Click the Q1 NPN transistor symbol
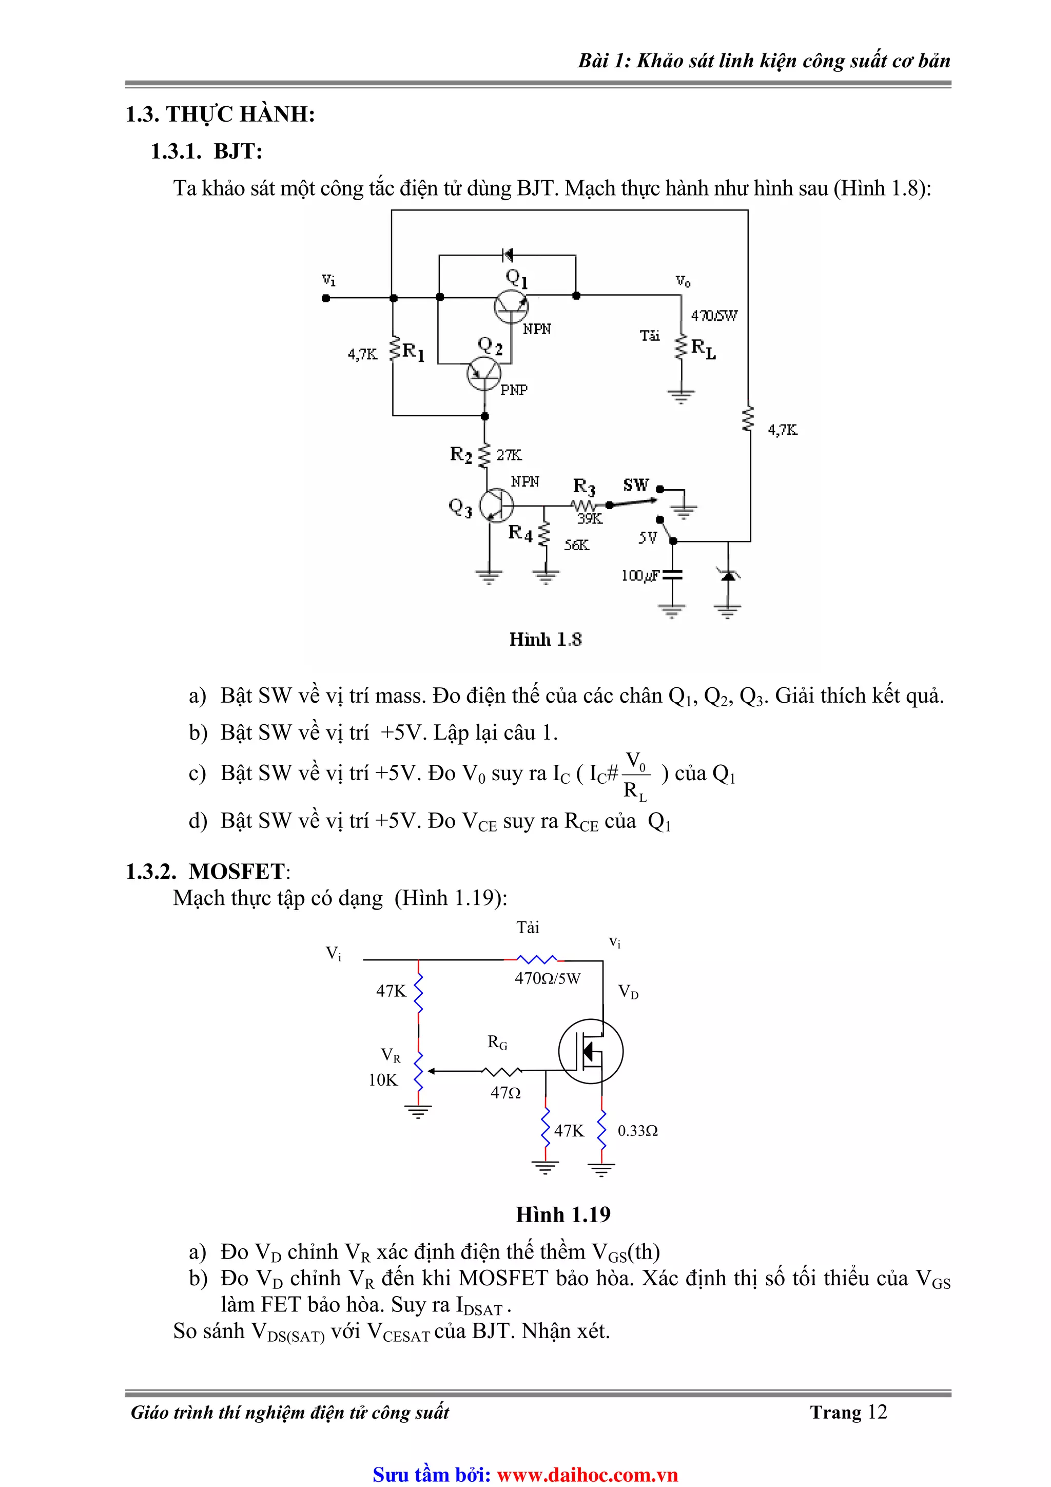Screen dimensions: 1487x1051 pyautogui.click(x=511, y=306)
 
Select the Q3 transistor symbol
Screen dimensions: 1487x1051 pyautogui.click(x=496, y=505)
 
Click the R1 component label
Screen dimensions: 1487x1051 pyautogui.click(x=413, y=352)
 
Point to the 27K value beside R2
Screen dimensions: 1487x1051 pyautogui.click(x=509, y=455)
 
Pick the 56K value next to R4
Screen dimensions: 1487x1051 pyautogui.click(x=576, y=545)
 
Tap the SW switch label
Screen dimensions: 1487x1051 pyautogui.click(x=636, y=485)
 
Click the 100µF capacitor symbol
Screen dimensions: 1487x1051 pyautogui.click(x=673, y=575)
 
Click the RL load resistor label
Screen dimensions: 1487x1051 pyautogui.click(x=703, y=349)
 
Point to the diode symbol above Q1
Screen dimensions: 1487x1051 pyautogui.click(x=507, y=255)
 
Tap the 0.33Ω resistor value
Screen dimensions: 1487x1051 pyautogui.click(x=637, y=1131)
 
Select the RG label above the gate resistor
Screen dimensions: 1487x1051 pyautogui.click(x=497, y=1042)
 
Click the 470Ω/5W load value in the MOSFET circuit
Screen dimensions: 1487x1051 pyautogui.click(x=547, y=978)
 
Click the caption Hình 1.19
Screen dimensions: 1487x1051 pyautogui.click(x=563, y=1214)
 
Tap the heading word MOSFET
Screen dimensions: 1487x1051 pyautogui.click(x=237, y=872)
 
